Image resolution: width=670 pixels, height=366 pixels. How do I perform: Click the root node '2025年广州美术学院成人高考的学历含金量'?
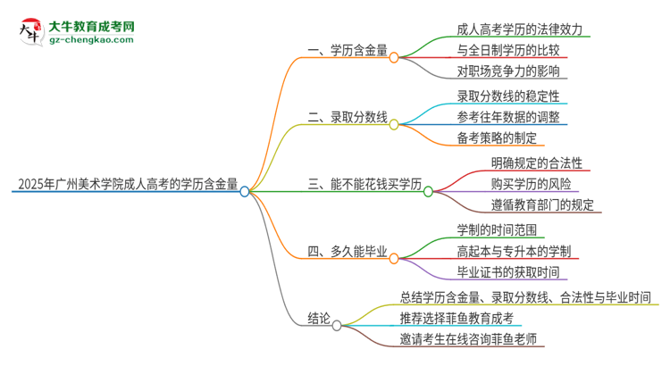pos(126,187)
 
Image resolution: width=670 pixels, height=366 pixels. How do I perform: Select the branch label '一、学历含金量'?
pos(347,52)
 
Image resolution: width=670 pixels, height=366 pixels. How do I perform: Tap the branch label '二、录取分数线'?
pos(347,116)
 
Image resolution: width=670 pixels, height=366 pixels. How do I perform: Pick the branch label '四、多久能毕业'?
pos(347,252)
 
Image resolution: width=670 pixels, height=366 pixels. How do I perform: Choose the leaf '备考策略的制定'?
pos(497,137)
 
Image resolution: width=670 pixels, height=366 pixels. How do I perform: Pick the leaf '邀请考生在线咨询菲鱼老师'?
pos(471,339)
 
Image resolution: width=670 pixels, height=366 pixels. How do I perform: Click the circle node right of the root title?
pos(245,191)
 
